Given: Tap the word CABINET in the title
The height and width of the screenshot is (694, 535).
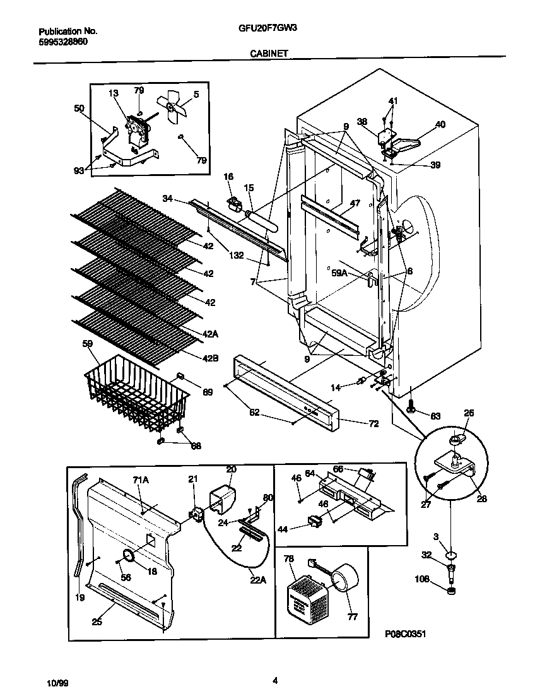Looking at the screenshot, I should (x=269, y=54).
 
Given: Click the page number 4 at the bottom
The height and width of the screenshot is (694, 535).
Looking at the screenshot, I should (x=275, y=680).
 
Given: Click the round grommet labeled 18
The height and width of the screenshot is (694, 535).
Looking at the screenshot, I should (x=127, y=555).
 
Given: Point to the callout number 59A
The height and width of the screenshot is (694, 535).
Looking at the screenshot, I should (x=339, y=273).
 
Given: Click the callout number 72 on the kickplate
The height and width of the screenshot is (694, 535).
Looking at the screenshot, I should (x=373, y=423).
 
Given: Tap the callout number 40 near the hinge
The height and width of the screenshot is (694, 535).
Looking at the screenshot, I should (x=440, y=125).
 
